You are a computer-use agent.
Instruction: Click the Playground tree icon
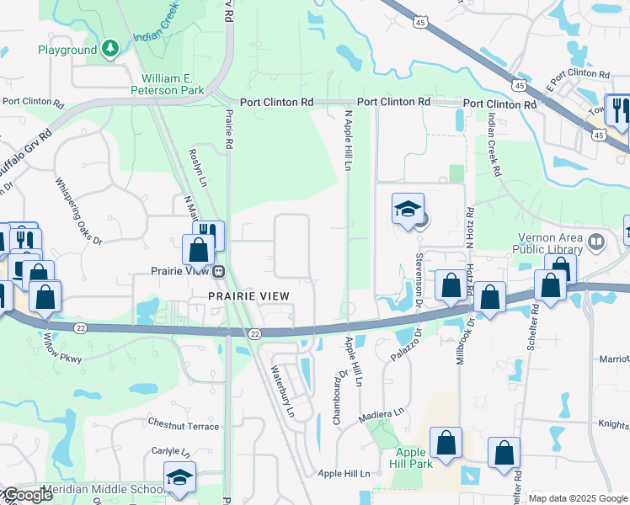(110, 50)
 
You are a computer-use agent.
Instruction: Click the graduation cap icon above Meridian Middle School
(179, 477)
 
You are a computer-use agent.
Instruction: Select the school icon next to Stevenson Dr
(408, 210)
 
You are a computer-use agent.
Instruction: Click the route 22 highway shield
(254, 333)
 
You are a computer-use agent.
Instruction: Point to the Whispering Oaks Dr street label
(78, 210)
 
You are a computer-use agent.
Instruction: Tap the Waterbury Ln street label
(282, 391)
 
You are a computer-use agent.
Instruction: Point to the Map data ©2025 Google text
(578, 498)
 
